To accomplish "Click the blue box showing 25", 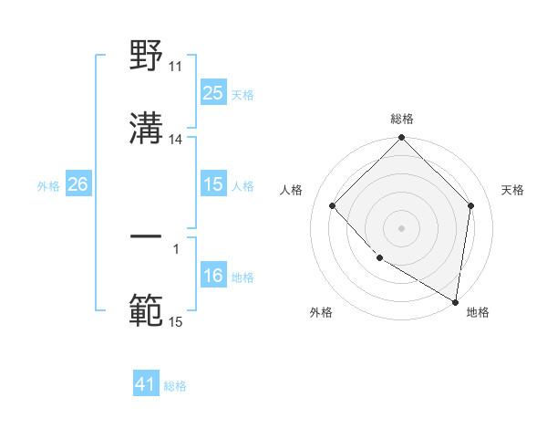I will coord(212,92).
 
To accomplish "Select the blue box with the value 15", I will coord(212,184).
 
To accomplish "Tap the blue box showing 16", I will coord(212,276).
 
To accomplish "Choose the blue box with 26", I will coord(77,184).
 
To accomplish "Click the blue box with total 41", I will coord(146,384).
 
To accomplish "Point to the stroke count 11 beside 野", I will coord(176,67).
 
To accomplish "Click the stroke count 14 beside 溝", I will coord(176,140).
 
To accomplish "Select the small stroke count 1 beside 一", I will coord(176,247).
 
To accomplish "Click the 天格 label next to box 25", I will coord(242,94).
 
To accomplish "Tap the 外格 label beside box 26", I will coord(48,186).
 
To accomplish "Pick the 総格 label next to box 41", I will coord(175,386).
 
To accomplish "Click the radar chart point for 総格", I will coord(401,139).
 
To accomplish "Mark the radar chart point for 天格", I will coord(471,205).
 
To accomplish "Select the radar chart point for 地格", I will coord(455,301).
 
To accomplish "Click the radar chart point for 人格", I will coord(333,205).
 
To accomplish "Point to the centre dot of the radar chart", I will coord(401,227).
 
